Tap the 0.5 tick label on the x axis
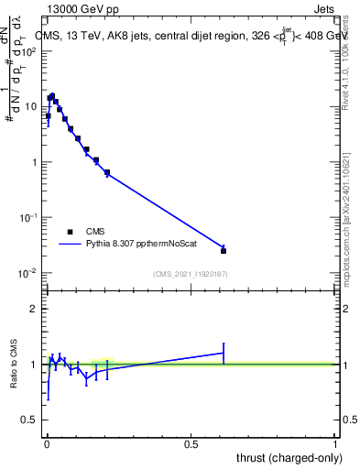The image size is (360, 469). coord(191,444)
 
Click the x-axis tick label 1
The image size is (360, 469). coord(335,444)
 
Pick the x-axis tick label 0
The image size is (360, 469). coord(47,444)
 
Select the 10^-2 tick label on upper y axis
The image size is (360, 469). coord(28,273)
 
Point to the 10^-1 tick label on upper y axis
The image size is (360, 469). coord(28,218)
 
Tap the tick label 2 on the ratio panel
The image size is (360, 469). coord(34,309)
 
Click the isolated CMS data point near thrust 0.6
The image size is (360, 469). coord(224,250)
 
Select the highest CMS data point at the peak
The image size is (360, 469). coord(52,96)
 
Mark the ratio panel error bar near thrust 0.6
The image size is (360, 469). coord(224,353)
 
